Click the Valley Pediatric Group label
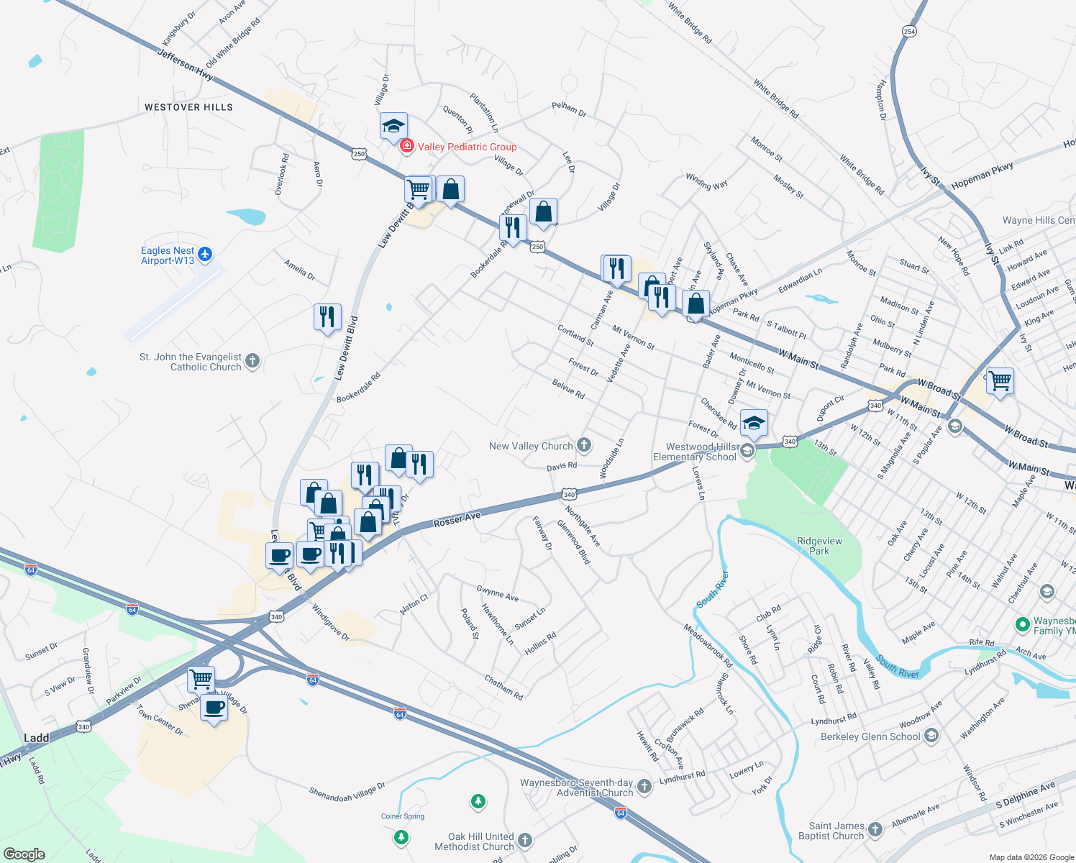click(x=467, y=147)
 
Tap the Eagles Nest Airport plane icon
click(x=205, y=254)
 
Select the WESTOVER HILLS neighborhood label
click(x=188, y=107)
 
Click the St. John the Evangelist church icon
click(x=252, y=361)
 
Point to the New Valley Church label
click(x=531, y=446)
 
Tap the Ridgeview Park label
click(x=819, y=546)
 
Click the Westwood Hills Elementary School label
click(x=695, y=452)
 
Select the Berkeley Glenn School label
click(x=870, y=736)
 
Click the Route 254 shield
click(x=910, y=31)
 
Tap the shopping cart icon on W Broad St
click(x=1000, y=380)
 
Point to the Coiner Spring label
click(x=403, y=816)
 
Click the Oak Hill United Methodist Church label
click(x=474, y=841)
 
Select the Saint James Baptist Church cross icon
click(x=875, y=830)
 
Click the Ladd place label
click(x=37, y=738)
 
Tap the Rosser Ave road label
click(x=457, y=520)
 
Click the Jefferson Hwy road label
click(x=185, y=64)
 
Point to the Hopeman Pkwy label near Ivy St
click(x=982, y=176)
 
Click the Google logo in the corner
click(x=24, y=854)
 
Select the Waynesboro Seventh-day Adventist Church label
click(x=577, y=787)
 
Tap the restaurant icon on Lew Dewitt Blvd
click(x=327, y=316)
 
